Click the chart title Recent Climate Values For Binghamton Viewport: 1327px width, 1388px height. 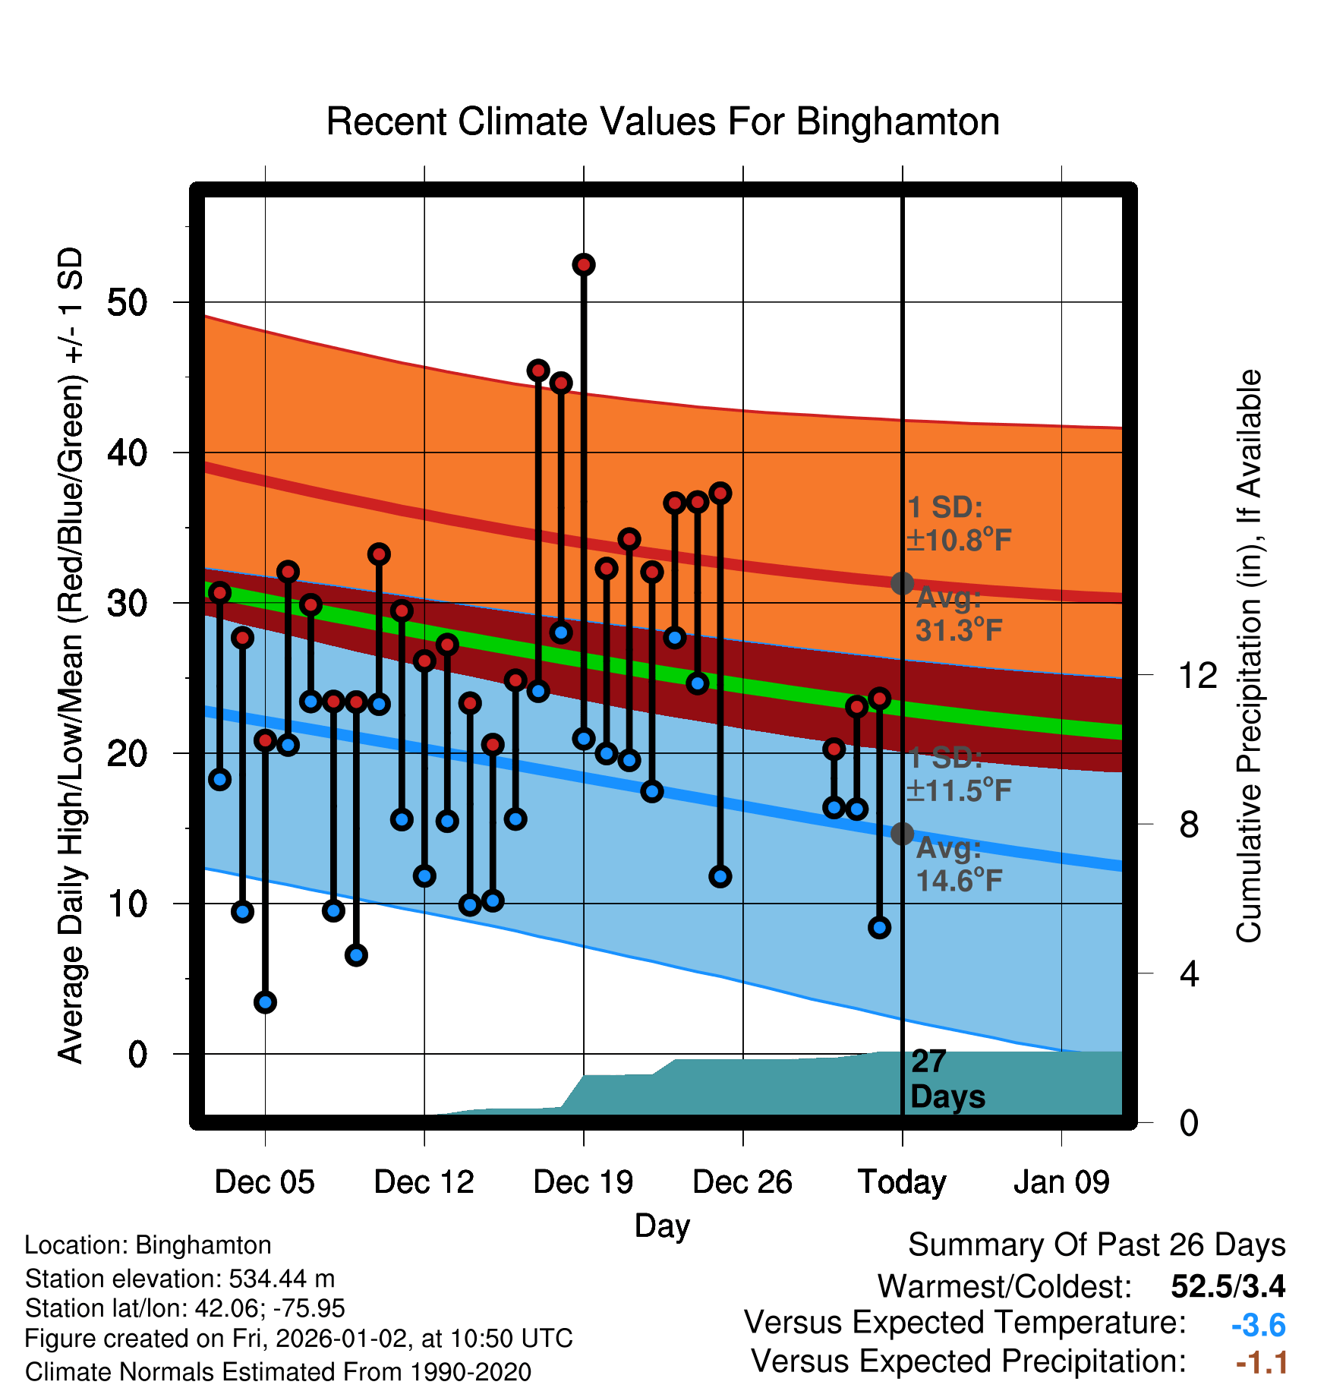663,121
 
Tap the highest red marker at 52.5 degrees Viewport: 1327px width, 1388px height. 583,265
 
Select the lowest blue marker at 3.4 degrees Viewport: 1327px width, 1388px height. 265,1002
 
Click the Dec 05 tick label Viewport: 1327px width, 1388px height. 264,1182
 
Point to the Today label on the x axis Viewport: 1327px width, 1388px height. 902,1182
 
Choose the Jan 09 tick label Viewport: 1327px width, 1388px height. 1061,1182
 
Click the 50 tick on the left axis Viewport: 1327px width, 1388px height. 127,303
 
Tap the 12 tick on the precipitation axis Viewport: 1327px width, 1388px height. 1197,675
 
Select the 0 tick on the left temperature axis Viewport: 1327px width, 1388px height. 137,1054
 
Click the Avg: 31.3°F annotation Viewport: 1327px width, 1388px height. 958,614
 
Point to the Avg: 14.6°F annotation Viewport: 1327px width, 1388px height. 958,865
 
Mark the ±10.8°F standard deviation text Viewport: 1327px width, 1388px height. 958,541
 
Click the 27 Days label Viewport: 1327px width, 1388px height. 947,1079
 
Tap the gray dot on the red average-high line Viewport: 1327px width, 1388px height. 902,583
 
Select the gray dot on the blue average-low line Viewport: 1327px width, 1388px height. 902,834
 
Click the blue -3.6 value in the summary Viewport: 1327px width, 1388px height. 1258,1326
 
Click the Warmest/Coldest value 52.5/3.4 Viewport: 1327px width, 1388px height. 1228,1286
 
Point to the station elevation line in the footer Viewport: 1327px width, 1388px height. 180,1279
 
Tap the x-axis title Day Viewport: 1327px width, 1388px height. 662,1226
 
